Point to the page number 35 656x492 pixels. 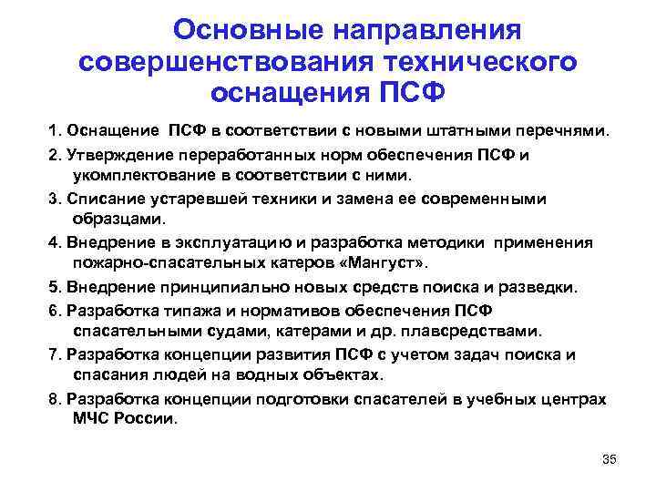click(610, 459)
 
